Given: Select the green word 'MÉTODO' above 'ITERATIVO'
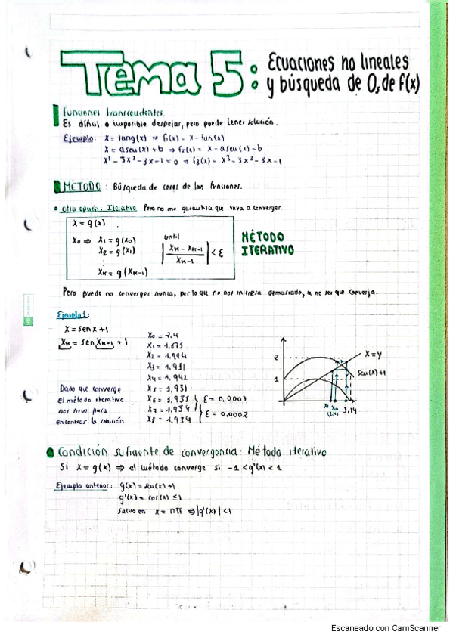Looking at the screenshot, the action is click(x=262, y=236).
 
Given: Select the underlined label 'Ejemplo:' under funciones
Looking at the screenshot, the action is click(x=79, y=138).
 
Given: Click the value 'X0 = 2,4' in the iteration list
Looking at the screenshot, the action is click(x=164, y=334).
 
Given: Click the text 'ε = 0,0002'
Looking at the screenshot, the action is click(x=225, y=414).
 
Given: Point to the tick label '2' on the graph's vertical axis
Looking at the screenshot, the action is click(x=277, y=356).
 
